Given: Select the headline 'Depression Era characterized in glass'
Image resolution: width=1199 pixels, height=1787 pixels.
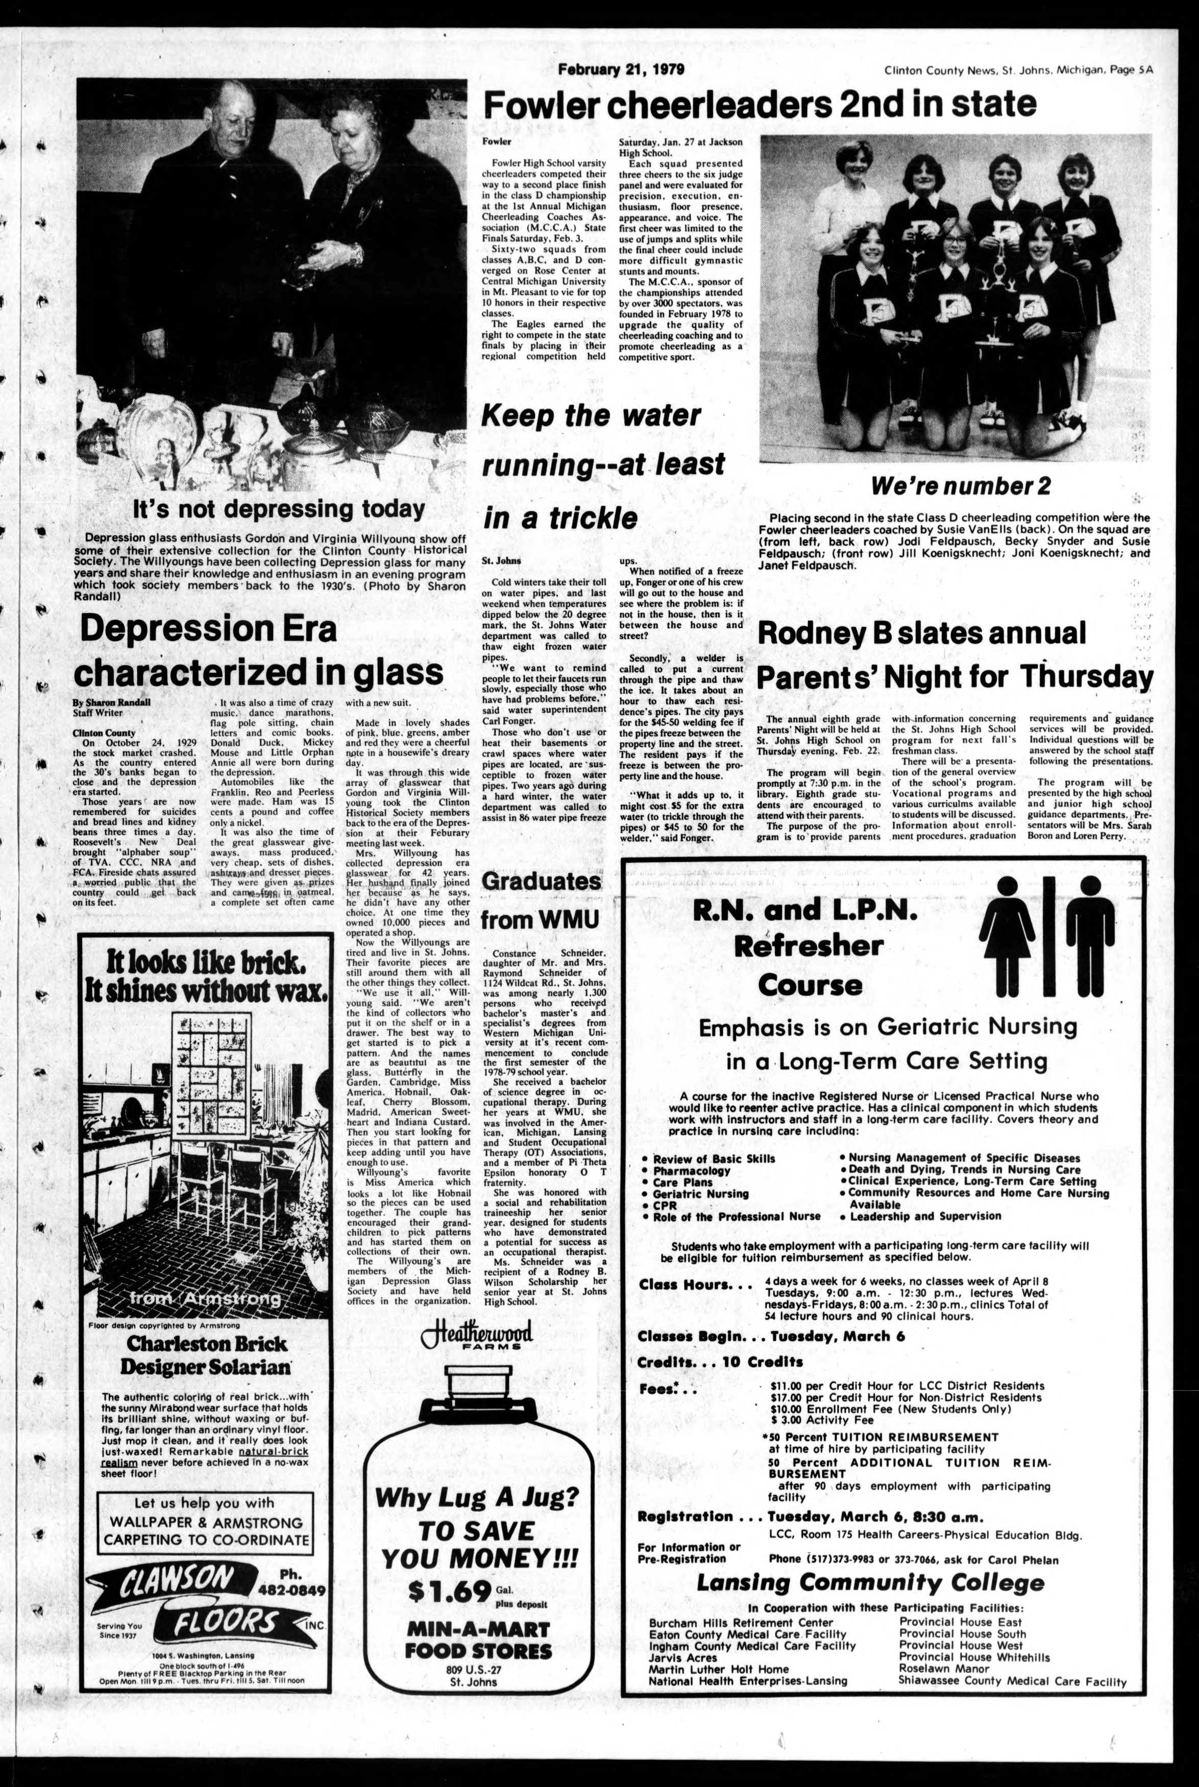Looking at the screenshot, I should [x=261, y=651].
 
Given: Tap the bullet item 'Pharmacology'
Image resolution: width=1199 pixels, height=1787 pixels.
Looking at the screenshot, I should [x=691, y=1170].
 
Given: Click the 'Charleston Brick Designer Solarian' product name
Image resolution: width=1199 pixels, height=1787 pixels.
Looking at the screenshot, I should [x=207, y=1354].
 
